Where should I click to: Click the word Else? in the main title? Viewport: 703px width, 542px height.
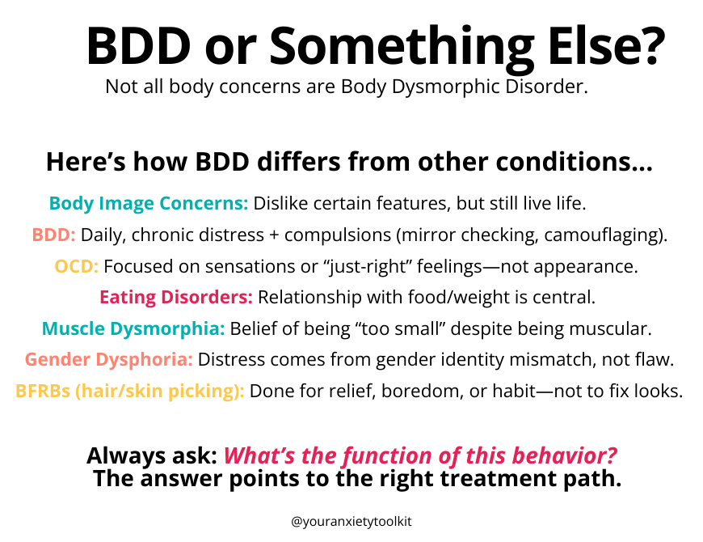607,46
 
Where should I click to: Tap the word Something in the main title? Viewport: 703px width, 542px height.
402,49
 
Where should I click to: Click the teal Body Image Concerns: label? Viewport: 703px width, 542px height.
149,204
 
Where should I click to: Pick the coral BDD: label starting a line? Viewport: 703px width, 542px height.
53,235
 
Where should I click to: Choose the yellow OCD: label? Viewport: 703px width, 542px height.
76,266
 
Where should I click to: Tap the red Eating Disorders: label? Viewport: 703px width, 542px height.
176,297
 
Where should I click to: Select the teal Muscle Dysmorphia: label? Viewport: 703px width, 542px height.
133,329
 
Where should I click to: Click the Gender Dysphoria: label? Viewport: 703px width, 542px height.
108,360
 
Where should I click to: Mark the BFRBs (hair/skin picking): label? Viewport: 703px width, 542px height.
129,392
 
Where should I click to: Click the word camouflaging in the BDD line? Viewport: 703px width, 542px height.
600,235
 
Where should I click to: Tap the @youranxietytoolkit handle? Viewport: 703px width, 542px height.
351,522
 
